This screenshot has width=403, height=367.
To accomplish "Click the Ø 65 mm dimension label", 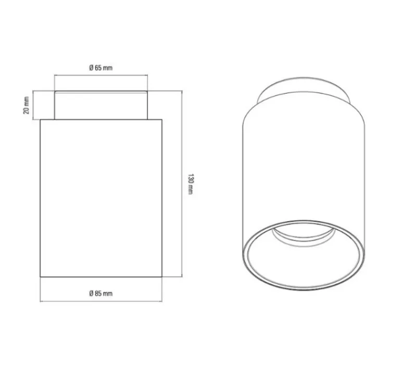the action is click(x=101, y=68).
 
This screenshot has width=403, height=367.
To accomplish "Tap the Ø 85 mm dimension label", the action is click(x=101, y=293).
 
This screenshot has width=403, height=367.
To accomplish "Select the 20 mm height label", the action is click(x=26, y=105).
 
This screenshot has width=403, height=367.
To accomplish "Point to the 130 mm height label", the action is click(x=191, y=184).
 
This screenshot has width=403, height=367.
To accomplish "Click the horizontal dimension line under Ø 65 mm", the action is click(x=101, y=75).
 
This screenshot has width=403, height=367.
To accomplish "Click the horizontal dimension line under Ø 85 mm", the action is click(x=101, y=301).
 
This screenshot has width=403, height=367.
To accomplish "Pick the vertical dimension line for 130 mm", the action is click(x=182, y=184).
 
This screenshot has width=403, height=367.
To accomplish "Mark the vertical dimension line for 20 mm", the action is click(x=33, y=105).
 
